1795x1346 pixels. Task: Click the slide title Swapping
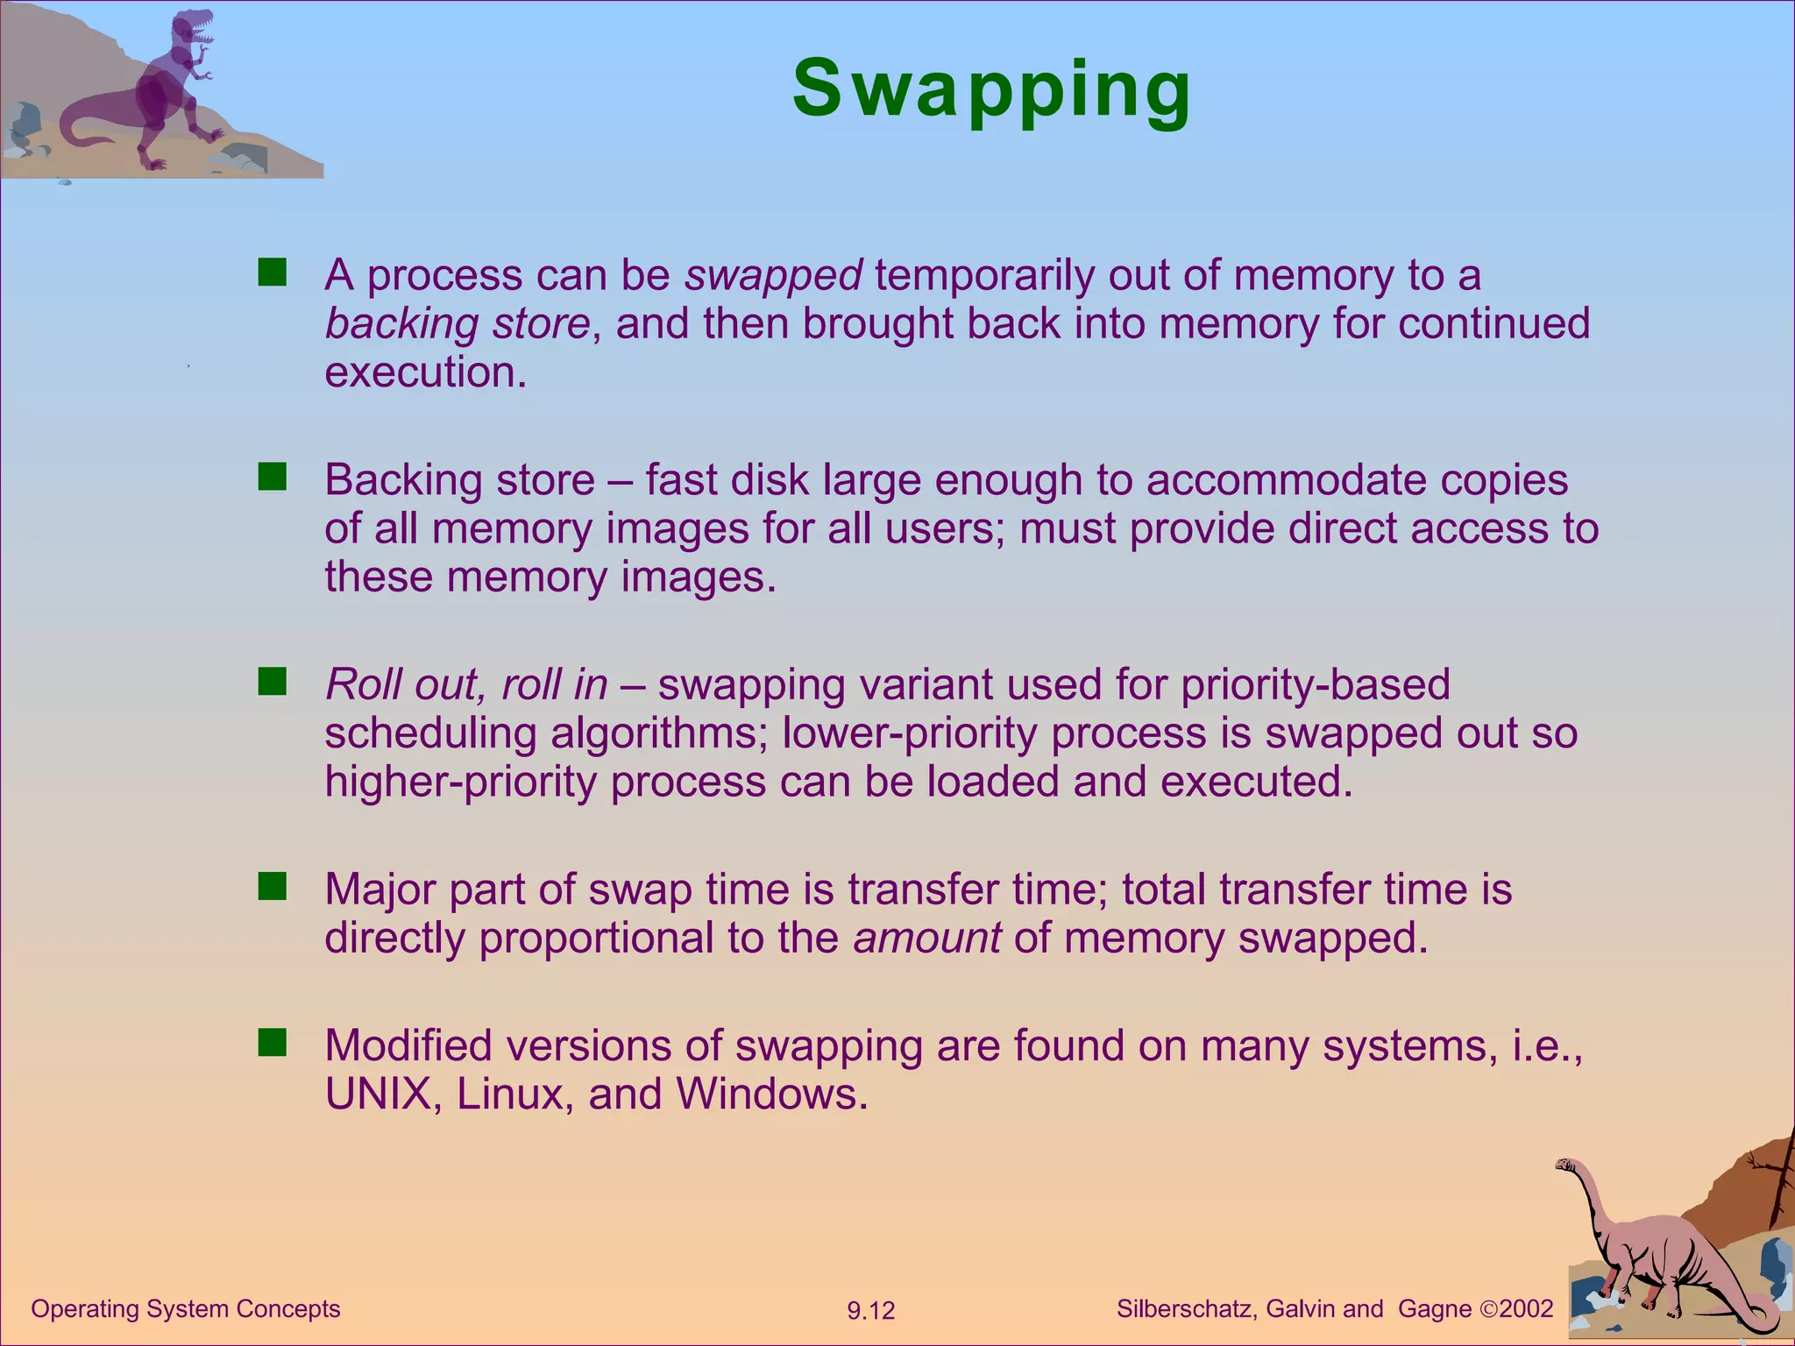991,89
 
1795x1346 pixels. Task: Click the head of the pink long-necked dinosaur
1565,1165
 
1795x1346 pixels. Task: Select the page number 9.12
870,1311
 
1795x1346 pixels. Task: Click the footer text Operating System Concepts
186,1308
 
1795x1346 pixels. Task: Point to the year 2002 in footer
1526,1309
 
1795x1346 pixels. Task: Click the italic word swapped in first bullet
773,275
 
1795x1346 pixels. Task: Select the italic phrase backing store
458,323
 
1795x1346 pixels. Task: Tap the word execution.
426,372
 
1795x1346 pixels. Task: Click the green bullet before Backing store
273,478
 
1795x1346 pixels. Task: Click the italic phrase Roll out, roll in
465,684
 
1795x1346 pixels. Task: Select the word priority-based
1316,684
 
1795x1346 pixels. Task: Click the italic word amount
927,939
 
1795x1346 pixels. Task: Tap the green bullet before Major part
273,887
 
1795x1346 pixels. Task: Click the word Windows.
771,1095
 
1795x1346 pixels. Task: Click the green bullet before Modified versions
273,1043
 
